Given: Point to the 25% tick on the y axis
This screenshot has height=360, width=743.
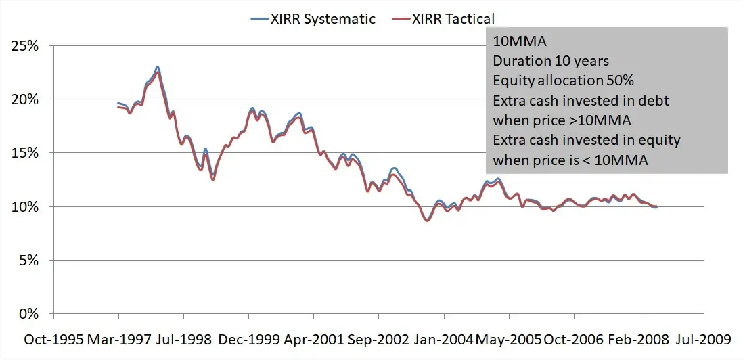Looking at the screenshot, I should coord(26,46).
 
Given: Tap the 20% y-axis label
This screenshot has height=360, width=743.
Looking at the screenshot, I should coord(26,99).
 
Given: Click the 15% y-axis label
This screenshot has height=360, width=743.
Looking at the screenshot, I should coord(26,153).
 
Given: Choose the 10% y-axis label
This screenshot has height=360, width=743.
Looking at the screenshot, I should coord(26,206).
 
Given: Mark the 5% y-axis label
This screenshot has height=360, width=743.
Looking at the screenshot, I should coord(28,260).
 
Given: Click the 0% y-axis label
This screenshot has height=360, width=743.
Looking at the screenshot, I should coord(28,313).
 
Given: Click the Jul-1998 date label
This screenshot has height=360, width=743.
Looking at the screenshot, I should coord(184,338).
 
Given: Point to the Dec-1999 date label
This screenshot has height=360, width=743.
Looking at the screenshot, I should coord(250,338).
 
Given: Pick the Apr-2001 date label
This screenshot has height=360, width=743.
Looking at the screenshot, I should coord(315,338).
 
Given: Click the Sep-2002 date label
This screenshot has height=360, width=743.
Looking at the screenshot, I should coord(380,338).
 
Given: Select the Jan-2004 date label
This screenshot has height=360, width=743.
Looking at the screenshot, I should coord(445,338).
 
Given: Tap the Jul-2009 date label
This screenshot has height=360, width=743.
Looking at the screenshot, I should coord(705,338).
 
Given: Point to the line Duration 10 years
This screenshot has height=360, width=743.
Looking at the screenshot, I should coord(551,62).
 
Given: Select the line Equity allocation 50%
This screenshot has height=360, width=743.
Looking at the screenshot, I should coord(563,81).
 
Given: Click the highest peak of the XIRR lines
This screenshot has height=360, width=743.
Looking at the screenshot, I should coord(157,67).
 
